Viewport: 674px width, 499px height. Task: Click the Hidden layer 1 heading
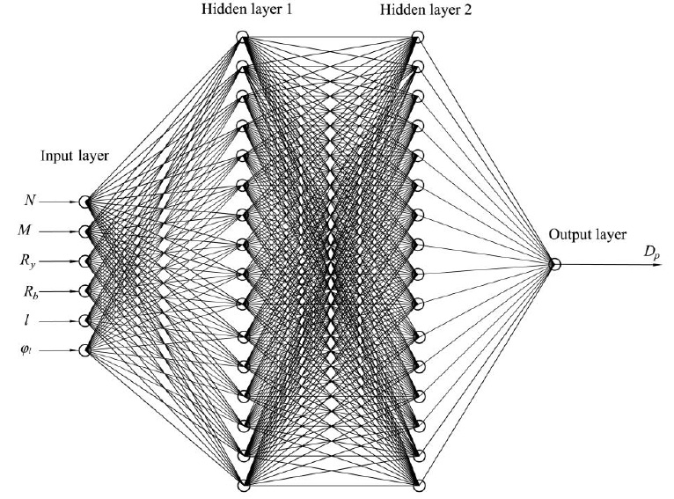pyautogui.click(x=246, y=10)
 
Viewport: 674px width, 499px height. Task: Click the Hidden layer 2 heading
pyautogui.click(x=426, y=10)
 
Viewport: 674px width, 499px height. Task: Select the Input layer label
pyautogui.click(x=75, y=156)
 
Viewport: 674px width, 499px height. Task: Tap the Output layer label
pyautogui.click(x=588, y=235)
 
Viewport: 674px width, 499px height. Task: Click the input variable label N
pyautogui.click(x=30, y=201)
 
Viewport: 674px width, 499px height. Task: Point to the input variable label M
pyautogui.click(x=25, y=231)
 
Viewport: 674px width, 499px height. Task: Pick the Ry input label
pyautogui.click(x=27, y=261)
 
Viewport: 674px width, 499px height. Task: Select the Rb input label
pyautogui.click(x=31, y=292)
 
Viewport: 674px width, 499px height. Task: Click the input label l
pyautogui.click(x=27, y=320)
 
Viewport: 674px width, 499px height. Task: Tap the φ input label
pyautogui.click(x=26, y=351)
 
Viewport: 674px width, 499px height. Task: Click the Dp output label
pyautogui.click(x=651, y=253)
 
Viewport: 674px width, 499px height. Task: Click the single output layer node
pyautogui.click(x=555, y=264)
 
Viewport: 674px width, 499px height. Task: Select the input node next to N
pyautogui.click(x=84, y=202)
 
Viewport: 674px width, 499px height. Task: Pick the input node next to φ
pyautogui.click(x=84, y=350)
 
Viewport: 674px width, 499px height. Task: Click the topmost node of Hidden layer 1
pyautogui.click(x=243, y=36)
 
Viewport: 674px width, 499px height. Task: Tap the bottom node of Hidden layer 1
pyautogui.click(x=243, y=486)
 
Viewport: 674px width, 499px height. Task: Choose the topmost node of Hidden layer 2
pyautogui.click(x=418, y=36)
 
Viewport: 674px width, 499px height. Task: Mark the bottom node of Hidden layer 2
pyautogui.click(x=419, y=486)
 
